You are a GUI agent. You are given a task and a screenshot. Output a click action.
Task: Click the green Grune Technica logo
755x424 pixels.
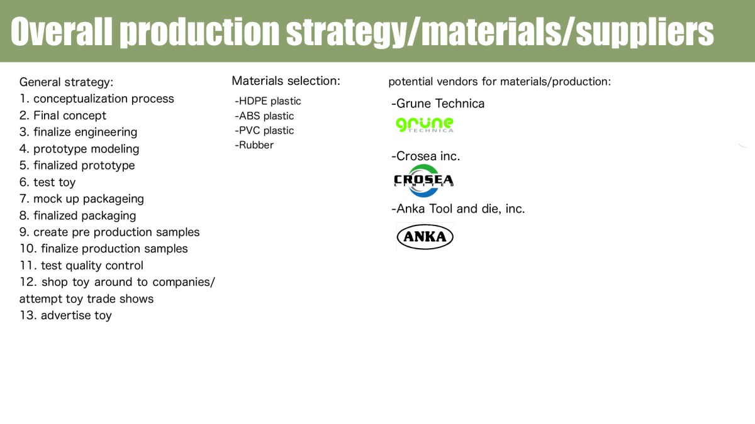tap(424, 125)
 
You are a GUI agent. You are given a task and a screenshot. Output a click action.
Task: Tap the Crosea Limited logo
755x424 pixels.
tap(423, 181)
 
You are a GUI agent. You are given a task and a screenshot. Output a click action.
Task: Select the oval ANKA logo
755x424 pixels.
tap(425, 237)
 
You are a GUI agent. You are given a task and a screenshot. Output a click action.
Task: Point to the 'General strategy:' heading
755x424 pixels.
tap(67, 82)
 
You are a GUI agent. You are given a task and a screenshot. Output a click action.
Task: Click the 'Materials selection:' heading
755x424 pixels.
tap(286, 81)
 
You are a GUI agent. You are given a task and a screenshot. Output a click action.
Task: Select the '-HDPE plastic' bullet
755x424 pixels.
tap(268, 101)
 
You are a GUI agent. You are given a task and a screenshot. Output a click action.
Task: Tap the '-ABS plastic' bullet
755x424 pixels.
tap(264, 116)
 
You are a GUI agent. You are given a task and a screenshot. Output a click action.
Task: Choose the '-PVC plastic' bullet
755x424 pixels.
tap(264, 130)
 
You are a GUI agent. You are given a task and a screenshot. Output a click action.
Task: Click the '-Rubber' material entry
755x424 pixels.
tap(254, 144)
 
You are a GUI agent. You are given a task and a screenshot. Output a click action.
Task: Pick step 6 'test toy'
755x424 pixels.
tap(48, 182)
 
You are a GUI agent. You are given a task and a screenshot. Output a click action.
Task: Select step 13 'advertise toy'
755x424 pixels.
tap(65, 315)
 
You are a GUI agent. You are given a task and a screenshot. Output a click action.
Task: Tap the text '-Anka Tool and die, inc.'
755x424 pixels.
tap(458, 209)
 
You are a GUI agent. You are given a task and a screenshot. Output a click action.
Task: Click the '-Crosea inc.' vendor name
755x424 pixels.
tap(426, 156)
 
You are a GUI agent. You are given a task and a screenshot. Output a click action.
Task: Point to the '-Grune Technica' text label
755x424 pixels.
tap(438, 104)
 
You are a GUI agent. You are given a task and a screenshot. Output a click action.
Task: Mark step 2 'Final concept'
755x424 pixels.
tap(63, 116)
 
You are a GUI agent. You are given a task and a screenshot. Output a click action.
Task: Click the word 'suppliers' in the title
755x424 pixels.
tap(645, 32)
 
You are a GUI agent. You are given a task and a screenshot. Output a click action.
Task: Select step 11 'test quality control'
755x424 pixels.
tap(81, 266)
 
